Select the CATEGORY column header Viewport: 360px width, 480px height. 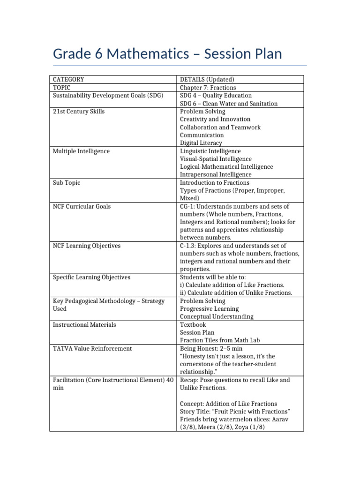click(68, 80)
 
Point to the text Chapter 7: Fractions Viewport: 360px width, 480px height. click(208, 88)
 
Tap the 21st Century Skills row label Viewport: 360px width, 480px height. click(78, 112)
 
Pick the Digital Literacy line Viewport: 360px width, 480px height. click(201, 143)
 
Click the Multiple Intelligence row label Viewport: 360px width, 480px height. click(81, 151)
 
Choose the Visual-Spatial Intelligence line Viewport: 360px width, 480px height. click(216, 159)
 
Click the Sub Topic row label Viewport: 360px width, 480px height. click(66, 182)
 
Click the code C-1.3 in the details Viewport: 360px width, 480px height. click(188, 246)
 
